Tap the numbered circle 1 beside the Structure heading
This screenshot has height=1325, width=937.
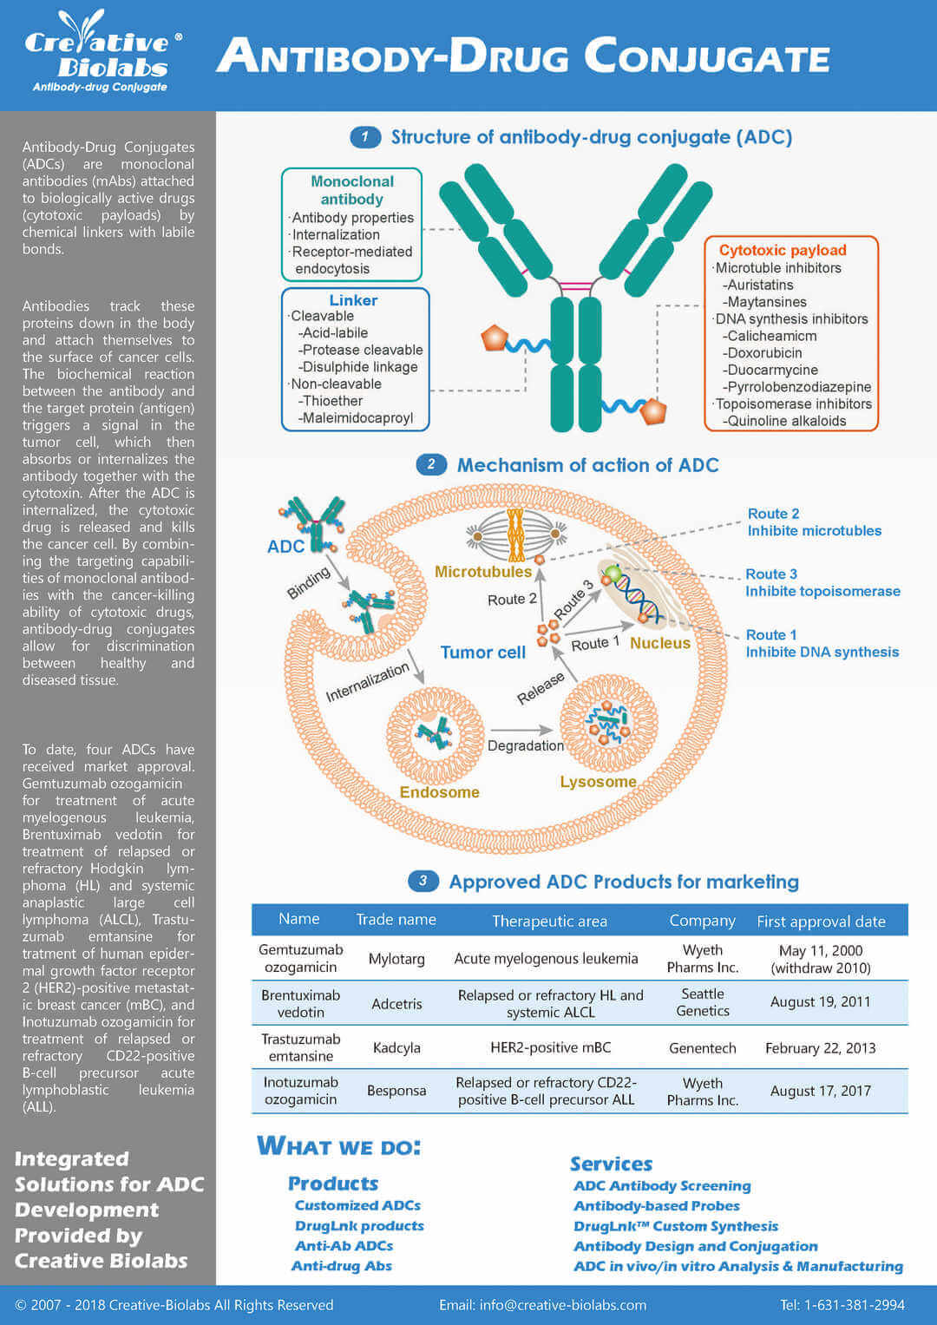coord(365,137)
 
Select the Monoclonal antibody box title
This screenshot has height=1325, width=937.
coord(351,190)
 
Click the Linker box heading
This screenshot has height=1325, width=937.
coord(353,300)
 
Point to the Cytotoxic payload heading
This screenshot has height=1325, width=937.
coord(782,250)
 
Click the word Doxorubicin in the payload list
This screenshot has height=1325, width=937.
coord(764,353)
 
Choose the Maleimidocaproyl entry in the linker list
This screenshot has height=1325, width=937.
coord(357,418)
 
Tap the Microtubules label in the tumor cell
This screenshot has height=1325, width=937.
coord(482,572)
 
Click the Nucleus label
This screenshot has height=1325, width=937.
coord(659,643)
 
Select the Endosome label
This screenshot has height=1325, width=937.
coord(439,792)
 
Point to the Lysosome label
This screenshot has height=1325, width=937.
coord(598,782)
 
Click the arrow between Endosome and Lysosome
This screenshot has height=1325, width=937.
coord(521,730)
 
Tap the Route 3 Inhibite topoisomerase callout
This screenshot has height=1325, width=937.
coord(822,583)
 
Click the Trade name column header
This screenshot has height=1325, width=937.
coord(396,920)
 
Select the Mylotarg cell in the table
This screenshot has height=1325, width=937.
coord(396,959)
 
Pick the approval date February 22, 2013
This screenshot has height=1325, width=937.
coord(820,1048)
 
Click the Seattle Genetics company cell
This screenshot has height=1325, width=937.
coord(702,1002)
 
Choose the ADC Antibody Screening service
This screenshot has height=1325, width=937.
coord(662,1186)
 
